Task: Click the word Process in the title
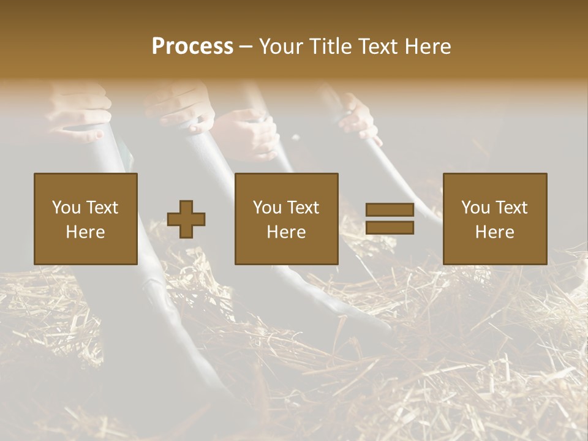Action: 192,47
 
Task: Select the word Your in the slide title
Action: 281,47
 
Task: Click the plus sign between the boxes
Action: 186,219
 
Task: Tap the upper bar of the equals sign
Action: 390,210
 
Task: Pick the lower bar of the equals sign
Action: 390,228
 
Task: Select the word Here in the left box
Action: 85,232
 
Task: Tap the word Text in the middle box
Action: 303,208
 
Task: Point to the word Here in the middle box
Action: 286,232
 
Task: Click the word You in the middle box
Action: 267,208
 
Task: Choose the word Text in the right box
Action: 511,208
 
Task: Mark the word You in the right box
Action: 475,208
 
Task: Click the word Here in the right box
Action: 494,232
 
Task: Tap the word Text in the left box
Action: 102,208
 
